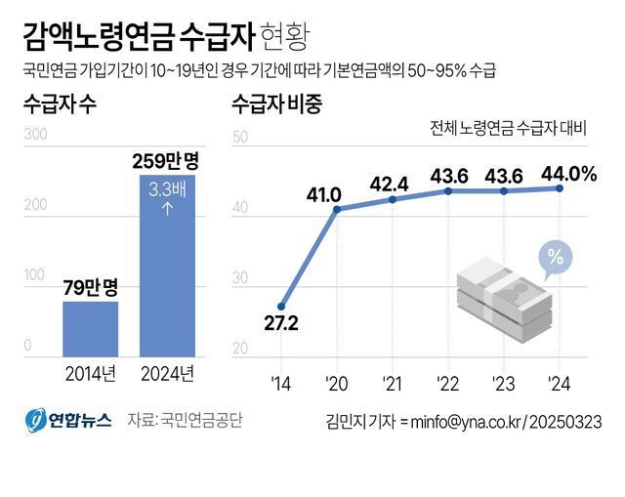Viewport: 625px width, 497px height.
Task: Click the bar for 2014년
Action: click(x=90, y=329)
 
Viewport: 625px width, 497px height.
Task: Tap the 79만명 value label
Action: click(x=90, y=287)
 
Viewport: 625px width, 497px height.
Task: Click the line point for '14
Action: click(x=281, y=307)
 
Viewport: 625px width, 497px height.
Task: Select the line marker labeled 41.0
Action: click(x=337, y=209)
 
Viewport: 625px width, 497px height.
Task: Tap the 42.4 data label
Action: click(x=391, y=183)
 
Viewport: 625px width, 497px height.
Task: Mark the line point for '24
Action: click(x=559, y=188)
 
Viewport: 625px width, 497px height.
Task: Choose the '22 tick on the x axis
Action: click(x=447, y=382)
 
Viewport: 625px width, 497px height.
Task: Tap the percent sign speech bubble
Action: click(x=554, y=259)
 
